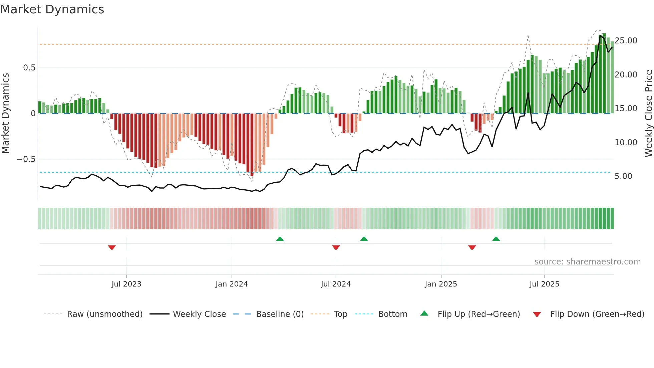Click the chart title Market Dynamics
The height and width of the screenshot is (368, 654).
pos(52,9)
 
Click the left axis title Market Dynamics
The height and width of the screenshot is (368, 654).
pos(6,113)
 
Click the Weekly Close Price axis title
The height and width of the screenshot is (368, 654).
pos(648,113)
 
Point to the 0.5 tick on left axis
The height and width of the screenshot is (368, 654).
pos(29,68)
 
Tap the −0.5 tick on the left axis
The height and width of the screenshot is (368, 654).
pos(26,159)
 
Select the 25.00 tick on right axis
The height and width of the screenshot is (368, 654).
pos(626,41)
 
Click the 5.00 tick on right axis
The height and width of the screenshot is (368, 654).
pos(623,176)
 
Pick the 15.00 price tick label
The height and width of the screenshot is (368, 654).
pos(626,109)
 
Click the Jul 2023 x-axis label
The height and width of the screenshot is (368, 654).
pos(126,284)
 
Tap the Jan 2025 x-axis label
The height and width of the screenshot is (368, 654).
pos(441,284)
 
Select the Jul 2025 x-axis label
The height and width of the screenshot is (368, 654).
pos(544,284)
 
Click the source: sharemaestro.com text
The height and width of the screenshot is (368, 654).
pos(587,262)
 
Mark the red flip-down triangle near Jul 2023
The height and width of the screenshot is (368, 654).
pos(112,247)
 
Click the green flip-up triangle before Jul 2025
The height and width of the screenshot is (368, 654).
pos(496,239)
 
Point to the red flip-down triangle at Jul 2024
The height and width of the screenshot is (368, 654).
pos(336,247)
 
